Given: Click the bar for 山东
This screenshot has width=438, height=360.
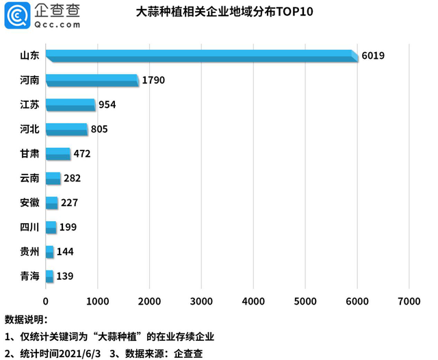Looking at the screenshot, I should pos(202,55).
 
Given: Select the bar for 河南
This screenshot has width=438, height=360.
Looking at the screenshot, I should pos(92,80).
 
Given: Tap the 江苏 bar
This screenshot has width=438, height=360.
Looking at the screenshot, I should pos(70,105).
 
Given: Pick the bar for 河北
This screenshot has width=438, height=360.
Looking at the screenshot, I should pos(66,129).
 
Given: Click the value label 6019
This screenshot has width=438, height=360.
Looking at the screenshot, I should pos(373,55).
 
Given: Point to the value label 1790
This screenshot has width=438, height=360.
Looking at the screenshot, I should pos(153,80).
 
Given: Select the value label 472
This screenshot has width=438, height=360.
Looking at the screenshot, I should pos(82,154).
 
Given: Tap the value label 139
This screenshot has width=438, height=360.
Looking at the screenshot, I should pos(64,277).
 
